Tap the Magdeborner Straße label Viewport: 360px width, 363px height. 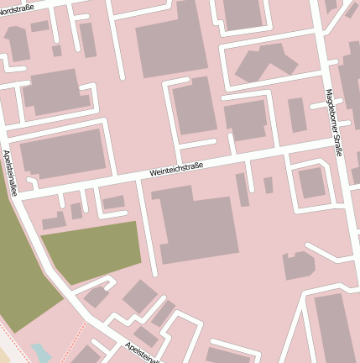click(334, 123)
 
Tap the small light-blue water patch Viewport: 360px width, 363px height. click(40, 352)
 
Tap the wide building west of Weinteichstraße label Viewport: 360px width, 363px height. click(62, 154)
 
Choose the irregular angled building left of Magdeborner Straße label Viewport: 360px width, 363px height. click(264, 63)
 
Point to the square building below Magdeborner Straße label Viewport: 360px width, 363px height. click(311, 182)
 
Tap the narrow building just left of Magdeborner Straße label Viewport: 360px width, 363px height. click(297, 114)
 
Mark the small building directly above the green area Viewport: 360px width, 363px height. click(112, 203)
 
